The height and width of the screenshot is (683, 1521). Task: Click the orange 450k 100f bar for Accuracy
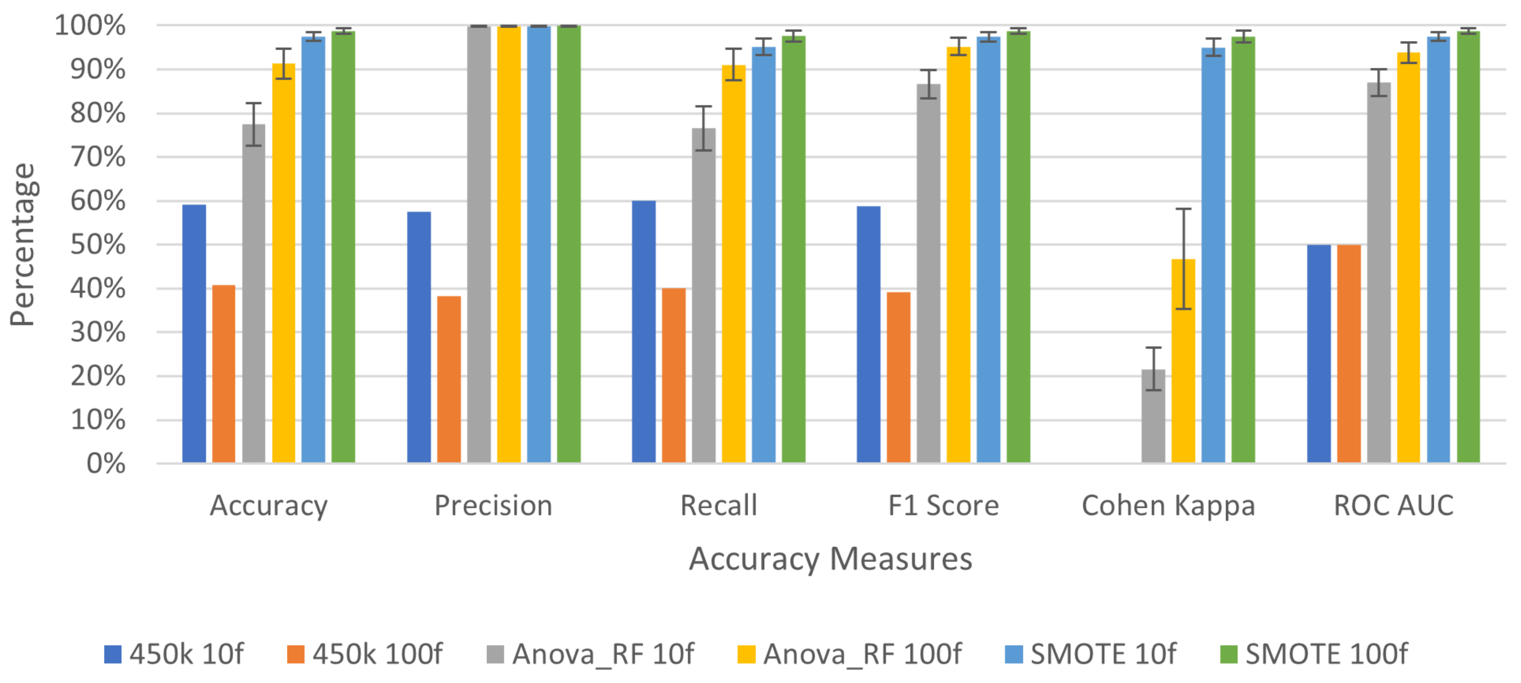coord(224,374)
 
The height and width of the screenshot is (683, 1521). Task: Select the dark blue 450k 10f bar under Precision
coord(419,336)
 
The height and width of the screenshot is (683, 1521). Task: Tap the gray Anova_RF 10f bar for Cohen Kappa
coord(1153,416)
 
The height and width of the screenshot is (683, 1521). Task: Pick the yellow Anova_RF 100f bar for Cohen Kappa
coord(1183,361)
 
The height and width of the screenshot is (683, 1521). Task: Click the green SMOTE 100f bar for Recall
coord(793,249)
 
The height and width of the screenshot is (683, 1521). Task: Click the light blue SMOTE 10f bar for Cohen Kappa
coord(1214,255)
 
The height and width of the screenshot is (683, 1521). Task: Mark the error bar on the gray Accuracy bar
coord(254,124)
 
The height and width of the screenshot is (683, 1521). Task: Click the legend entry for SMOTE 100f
coord(1314,654)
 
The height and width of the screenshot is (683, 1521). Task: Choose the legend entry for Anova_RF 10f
coord(591,654)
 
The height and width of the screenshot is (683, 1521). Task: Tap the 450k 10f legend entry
coord(174,654)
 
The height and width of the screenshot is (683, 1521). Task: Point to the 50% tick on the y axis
coord(97,245)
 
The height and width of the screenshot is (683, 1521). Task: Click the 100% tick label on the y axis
coord(90,26)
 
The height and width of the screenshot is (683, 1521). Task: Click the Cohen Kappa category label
coord(1168,506)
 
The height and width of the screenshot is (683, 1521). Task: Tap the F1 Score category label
coord(943,506)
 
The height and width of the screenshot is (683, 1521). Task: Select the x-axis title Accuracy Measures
coord(830,558)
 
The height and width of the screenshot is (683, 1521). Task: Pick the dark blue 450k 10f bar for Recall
coord(644,331)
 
